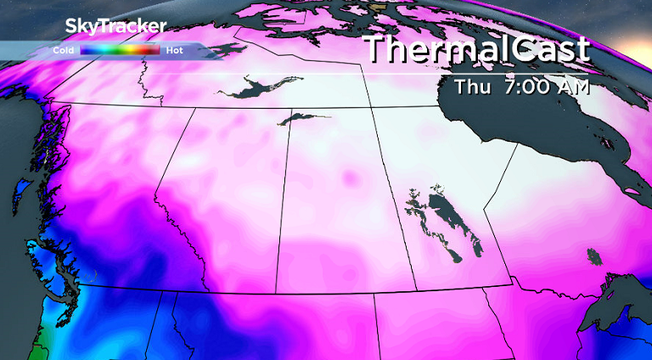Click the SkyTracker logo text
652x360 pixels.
pos(115,25)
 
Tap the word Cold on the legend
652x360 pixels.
pos(63,50)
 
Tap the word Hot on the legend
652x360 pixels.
pos(175,50)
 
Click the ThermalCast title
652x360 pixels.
pos(476,49)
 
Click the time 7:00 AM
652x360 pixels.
pos(544,87)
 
